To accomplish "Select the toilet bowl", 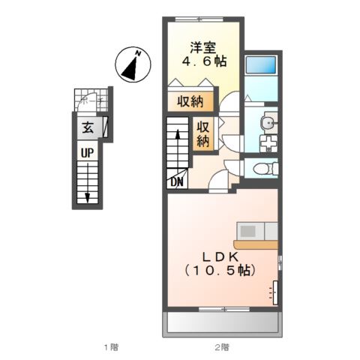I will pyautogui.click(x=262, y=169).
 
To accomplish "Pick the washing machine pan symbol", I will pyautogui.click(x=267, y=142).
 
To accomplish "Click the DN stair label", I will pyautogui.click(x=178, y=181).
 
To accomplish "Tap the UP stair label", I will pyautogui.click(x=88, y=153).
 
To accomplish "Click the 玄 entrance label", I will pyautogui.click(x=88, y=127).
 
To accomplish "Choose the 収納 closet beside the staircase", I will pyautogui.click(x=203, y=133).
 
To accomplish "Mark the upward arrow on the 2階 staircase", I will pyautogui.click(x=177, y=136).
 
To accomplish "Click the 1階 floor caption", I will pyautogui.click(x=110, y=346).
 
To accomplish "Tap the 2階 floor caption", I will pyautogui.click(x=221, y=346).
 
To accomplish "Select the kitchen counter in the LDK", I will pyautogui.click(x=256, y=243).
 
